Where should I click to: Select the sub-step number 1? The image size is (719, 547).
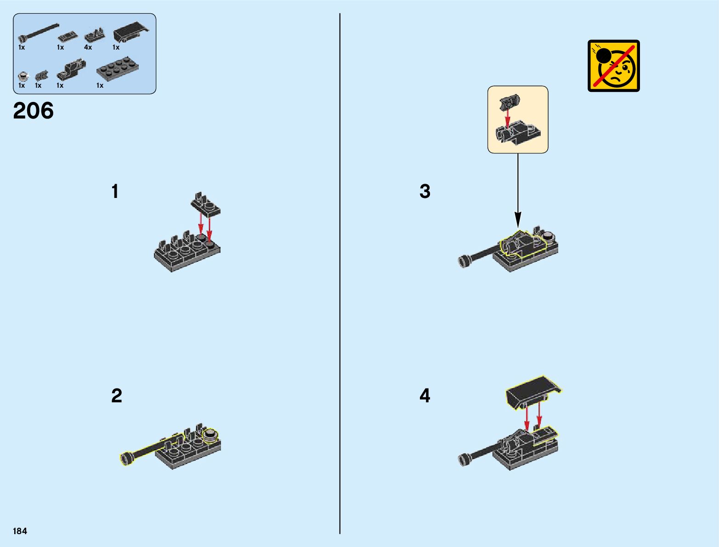tap(115, 191)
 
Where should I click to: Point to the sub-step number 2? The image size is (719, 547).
tap(117, 395)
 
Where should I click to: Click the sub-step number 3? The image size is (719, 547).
tap(425, 191)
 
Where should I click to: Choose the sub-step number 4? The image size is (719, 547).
tap(425, 395)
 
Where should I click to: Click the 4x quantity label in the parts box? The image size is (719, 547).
tap(88, 47)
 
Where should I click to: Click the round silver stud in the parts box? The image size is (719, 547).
tap(22, 76)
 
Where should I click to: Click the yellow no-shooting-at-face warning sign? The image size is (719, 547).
tap(613, 66)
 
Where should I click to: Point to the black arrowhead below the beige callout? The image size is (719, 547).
tap(518, 220)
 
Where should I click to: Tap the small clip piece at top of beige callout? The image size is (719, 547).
tap(510, 102)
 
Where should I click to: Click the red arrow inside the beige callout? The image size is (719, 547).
tap(507, 118)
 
